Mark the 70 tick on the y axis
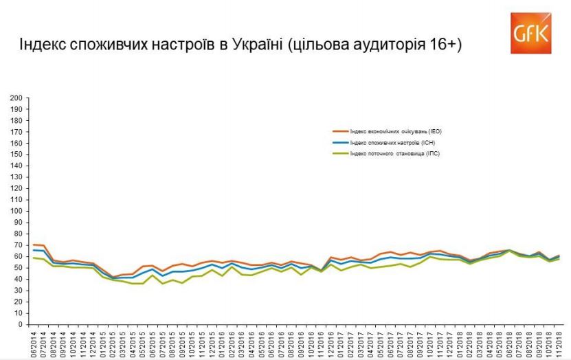[x=16, y=245]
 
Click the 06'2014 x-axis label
[x=34, y=343]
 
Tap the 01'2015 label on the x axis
[x=104, y=343]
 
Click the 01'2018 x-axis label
[x=458, y=343]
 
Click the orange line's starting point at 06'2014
[x=34, y=245]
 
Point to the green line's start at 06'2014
[x=34, y=258]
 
